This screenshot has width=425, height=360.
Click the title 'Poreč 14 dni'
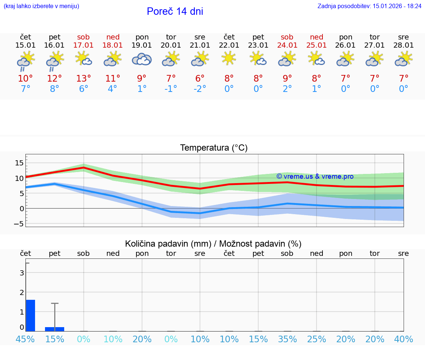coord(175,11)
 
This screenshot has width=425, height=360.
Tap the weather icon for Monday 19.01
coord(142,59)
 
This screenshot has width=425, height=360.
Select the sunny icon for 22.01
coord(229,58)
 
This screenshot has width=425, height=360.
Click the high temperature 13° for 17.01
coord(84,79)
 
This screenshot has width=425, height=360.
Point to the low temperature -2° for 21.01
coord(200,89)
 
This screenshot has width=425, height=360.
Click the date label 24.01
coord(287,45)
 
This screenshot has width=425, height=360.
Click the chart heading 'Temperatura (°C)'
coord(214,148)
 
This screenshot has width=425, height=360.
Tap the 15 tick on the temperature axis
coord(19,163)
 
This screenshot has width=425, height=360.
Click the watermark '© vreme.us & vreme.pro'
coord(315,176)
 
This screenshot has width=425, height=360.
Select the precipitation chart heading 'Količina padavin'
coord(213,244)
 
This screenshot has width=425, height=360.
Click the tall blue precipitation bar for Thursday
coord(31,315)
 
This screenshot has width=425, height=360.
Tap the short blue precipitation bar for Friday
coord(55,329)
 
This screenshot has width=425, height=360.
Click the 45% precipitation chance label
coord(25,339)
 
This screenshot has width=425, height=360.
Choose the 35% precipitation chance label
coord(287,339)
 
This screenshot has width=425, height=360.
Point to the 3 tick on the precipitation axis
coord(22,273)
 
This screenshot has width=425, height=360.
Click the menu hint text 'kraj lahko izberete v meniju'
coord(41,6)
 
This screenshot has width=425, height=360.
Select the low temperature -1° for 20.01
coord(171,89)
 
